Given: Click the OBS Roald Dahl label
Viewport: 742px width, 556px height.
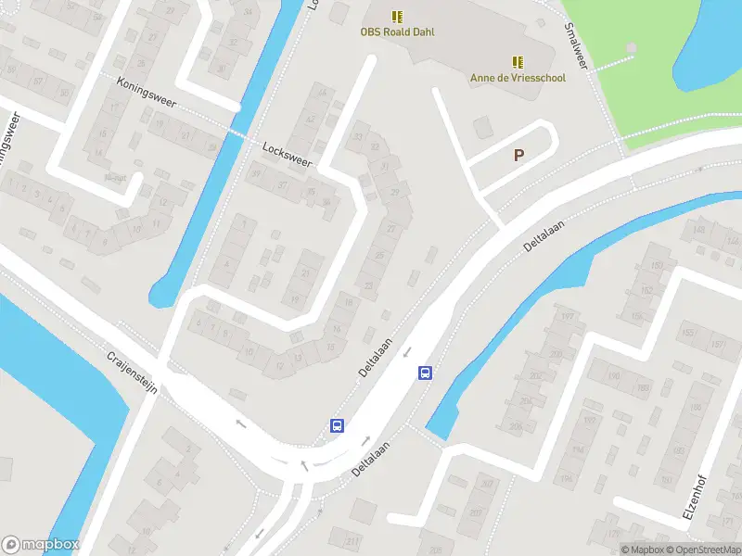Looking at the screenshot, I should (x=397, y=32).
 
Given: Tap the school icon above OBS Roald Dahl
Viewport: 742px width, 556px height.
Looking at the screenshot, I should (x=397, y=17).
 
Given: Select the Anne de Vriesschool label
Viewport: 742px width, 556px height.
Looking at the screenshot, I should (x=518, y=78).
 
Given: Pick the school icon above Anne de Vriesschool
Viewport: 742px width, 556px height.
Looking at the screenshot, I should (x=518, y=62).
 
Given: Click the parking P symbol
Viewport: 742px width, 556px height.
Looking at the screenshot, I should (x=518, y=156).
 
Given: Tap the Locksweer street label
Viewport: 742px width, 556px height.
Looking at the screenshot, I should (x=288, y=154).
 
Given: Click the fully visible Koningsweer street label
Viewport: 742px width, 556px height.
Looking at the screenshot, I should (x=147, y=92).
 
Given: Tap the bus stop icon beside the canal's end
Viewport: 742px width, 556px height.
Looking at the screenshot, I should (x=425, y=373).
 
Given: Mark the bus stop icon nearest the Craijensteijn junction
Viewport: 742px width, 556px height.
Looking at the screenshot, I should (x=338, y=426).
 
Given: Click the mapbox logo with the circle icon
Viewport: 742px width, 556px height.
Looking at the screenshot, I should (x=40, y=544).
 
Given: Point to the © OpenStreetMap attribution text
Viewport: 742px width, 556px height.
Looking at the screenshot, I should (x=703, y=550).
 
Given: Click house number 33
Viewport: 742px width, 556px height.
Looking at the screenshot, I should (x=359, y=137).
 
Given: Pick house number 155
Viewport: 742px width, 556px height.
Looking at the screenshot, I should (x=687, y=334).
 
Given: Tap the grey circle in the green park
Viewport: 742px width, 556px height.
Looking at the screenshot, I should (x=632, y=47).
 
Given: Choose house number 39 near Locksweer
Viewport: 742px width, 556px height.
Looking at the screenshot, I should (x=256, y=173).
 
